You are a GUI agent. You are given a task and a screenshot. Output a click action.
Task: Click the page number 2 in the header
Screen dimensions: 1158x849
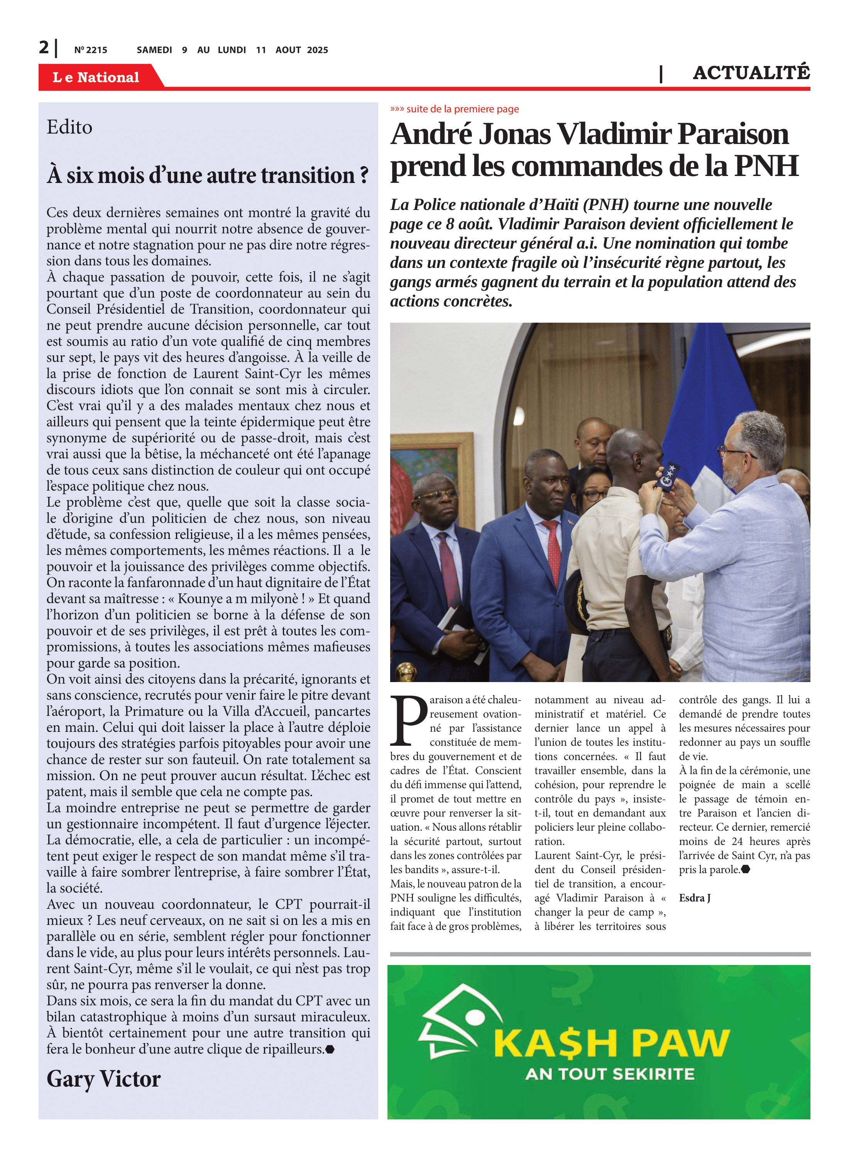tap(44, 48)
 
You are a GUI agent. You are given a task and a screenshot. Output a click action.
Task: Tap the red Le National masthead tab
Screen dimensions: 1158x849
tap(96, 77)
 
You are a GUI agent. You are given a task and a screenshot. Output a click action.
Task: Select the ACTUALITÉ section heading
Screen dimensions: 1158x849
tap(751, 73)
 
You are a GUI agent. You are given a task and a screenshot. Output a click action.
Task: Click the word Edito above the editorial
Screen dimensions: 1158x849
tap(69, 127)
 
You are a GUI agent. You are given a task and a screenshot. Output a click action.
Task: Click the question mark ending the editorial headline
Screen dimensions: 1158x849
tap(364, 175)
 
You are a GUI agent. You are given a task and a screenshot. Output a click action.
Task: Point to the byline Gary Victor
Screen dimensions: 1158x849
tap(103, 1078)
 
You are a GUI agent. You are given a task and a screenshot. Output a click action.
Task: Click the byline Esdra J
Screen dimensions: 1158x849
tap(694, 898)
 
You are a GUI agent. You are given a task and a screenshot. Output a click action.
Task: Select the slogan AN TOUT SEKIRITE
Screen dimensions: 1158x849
tap(609, 1074)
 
